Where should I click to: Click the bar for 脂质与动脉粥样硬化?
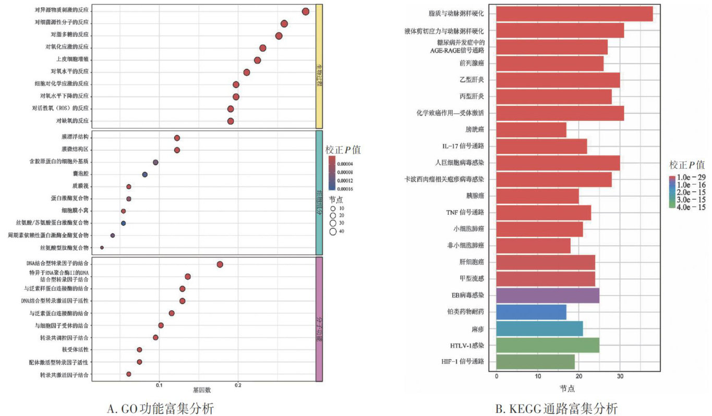click(x=574, y=14)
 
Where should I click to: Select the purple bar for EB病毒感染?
click(x=547, y=296)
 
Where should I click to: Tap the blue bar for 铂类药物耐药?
click(x=531, y=312)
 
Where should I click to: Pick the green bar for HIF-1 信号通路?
click(x=535, y=361)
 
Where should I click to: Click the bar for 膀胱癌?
click(x=531, y=130)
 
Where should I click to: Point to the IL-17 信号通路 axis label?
click(x=463, y=146)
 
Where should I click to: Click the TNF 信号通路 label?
click(x=465, y=212)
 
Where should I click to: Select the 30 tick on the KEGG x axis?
click(x=620, y=376)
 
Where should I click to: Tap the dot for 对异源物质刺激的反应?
click(x=306, y=11)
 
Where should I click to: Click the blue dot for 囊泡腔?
click(x=145, y=175)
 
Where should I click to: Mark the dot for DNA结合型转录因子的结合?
click(x=220, y=264)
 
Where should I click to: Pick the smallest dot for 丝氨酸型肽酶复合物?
click(x=102, y=248)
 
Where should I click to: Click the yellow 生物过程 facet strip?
click(x=319, y=66)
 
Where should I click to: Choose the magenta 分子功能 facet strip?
click(x=319, y=319)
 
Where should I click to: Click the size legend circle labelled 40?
click(x=333, y=231)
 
